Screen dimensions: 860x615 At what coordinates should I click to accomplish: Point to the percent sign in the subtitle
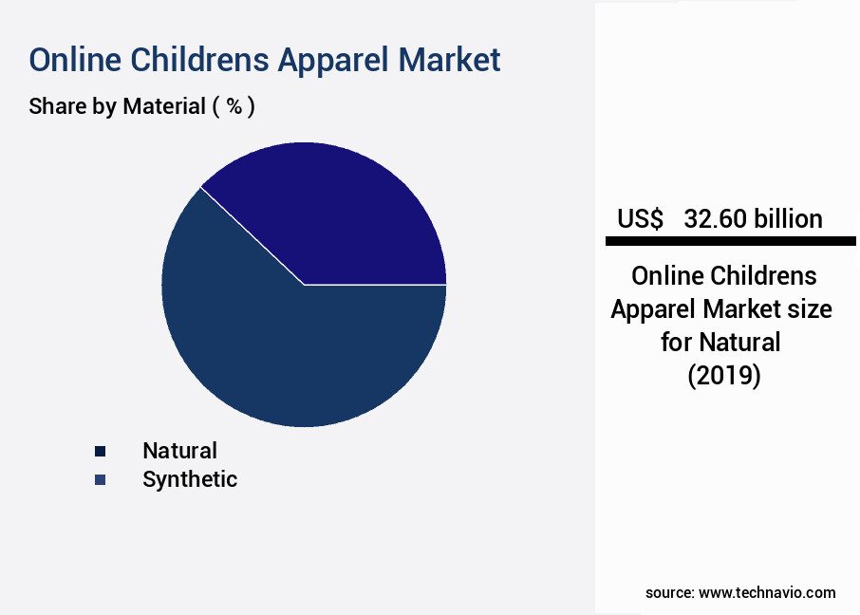234,106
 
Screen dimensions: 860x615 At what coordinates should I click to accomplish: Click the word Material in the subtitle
164,106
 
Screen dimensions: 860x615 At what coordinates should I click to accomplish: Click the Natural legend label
180,451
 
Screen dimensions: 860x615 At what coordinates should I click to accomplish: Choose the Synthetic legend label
190,479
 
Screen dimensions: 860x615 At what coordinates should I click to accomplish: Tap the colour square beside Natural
100,452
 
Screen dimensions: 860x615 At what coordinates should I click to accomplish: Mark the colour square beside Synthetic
100,480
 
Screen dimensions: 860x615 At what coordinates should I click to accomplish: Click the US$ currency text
640,219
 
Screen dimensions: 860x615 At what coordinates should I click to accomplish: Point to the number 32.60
716,219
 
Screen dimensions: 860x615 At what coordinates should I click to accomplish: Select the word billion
788,219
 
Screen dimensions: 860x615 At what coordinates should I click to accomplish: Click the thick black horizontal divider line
731,241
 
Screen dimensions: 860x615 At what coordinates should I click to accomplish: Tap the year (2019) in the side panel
724,375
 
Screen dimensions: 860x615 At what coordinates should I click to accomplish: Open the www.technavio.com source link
767,593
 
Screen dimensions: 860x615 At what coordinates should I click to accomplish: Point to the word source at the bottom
670,593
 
